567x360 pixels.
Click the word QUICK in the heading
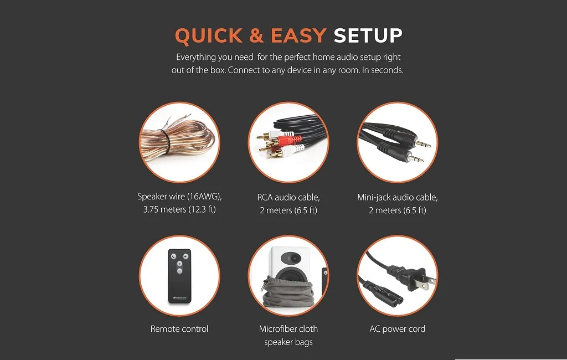coord(209,36)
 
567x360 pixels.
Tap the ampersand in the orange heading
coord(256,35)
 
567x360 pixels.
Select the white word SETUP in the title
coord(368,35)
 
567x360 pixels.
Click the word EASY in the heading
coord(298,35)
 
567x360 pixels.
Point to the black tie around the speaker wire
coord(164,141)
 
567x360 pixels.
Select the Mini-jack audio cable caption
coord(398,204)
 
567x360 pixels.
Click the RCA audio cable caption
coord(288,204)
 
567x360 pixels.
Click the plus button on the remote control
coord(179,264)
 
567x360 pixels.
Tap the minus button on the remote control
coord(179,271)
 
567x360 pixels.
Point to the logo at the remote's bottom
coord(179,298)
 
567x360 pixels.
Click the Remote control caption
coord(179,329)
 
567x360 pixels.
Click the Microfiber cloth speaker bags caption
coord(288,336)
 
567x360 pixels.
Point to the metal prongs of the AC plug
coord(428,281)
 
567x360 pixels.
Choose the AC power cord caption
coord(398,329)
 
